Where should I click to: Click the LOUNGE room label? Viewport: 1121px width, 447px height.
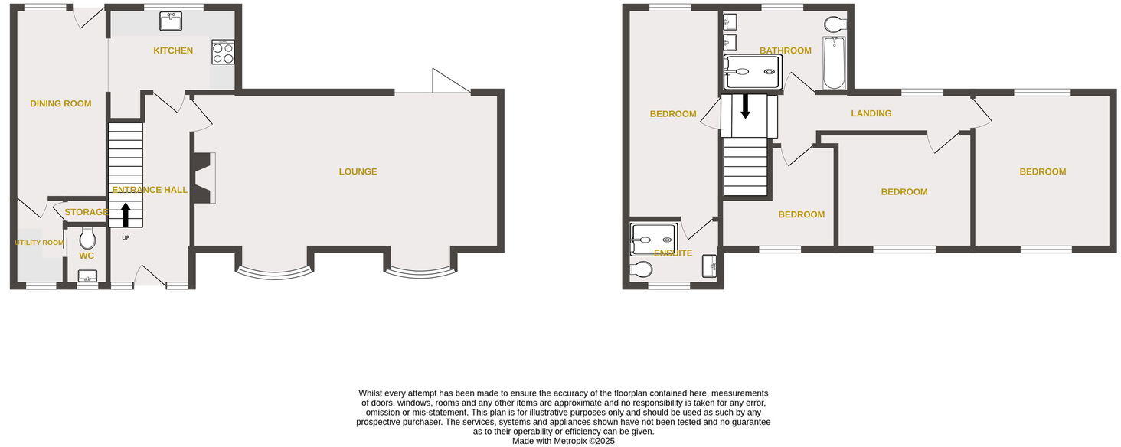[x=358, y=171]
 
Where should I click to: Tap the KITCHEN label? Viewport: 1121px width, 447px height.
[x=173, y=51]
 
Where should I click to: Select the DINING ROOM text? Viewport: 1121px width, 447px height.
[x=60, y=104]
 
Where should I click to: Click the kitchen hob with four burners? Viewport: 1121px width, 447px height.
[x=223, y=53]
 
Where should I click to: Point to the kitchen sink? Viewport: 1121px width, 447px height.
[x=171, y=21]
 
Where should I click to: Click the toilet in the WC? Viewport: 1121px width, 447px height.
[x=87, y=237]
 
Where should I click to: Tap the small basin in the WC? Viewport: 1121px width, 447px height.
[x=87, y=276]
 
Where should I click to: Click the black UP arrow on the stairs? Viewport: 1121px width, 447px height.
[x=126, y=212]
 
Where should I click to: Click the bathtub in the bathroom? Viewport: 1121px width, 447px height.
[x=834, y=63]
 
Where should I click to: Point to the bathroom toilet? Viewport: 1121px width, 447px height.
[x=835, y=24]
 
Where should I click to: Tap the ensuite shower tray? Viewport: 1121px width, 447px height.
[x=654, y=238]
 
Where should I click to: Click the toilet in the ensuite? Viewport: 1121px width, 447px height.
[x=642, y=269]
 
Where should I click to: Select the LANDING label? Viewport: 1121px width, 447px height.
[x=871, y=113]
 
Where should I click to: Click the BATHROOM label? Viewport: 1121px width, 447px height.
[x=785, y=51]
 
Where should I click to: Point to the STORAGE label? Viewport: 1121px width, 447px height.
[x=87, y=212]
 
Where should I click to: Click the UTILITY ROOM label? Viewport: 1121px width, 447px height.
[x=39, y=243]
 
